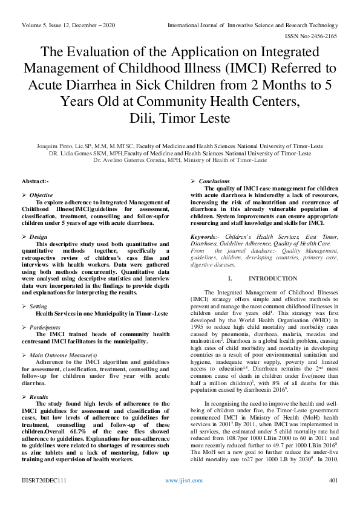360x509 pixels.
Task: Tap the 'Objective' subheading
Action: (x=41, y=195)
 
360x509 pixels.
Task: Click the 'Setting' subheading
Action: (x=39, y=306)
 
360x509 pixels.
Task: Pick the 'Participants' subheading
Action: (x=45, y=327)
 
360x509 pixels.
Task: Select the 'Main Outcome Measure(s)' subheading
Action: (x=64, y=355)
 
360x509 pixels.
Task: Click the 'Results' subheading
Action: (x=39, y=397)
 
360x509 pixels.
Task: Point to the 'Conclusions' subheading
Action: (x=214, y=181)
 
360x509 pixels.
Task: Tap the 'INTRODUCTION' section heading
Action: (x=264, y=278)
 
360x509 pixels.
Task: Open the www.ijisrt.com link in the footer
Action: (x=179, y=498)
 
